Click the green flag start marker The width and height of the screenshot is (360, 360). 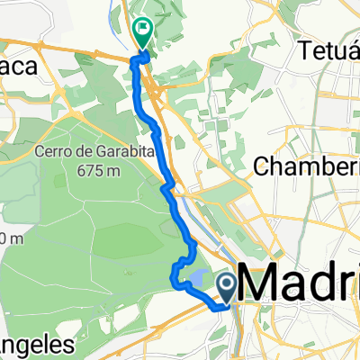(x=143, y=31)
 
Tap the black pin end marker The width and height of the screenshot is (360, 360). (x=227, y=287)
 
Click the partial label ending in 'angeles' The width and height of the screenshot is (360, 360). (x=36, y=346)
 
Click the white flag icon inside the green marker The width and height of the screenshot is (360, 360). (x=143, y=29)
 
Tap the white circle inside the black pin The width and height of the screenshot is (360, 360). (x=227, y=284)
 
